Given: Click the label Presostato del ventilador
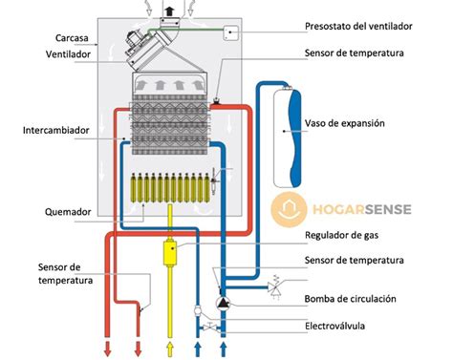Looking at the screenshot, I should (364, 26).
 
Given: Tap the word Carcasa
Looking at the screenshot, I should (74, 37).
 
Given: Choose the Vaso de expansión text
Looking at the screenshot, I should (357, 124).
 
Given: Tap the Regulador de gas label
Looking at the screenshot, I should (345, 235).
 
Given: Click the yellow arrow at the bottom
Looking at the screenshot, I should (171, 346).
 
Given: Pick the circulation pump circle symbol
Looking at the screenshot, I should (224, 303).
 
